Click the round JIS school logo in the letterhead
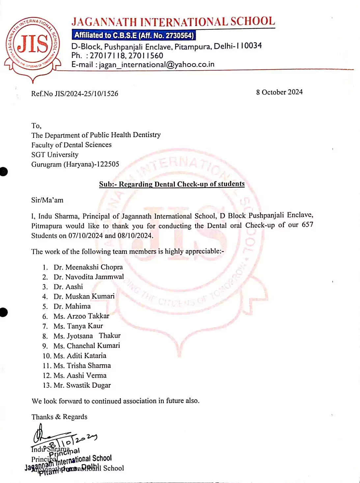click(x=32, y=45)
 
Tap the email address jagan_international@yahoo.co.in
click(x=156, y=65)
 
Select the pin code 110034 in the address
click(x=249, y=46)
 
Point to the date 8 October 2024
click(x=279, y=92)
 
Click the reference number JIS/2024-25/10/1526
click(x=86, y=94)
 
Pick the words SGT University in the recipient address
click(x=55, y=155)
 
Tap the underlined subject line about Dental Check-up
click(x=172, y=184)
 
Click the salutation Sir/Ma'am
click(x=47, y=200)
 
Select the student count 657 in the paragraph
click(x=307, y=225)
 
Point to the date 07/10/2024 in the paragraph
click(x=86, y=236)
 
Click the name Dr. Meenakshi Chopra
click(x=88, y=267)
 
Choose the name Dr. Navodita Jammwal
click(x=89, y=277)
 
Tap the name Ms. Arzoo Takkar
click(x=81, y=316)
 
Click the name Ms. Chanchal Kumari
click(x=87, y=346)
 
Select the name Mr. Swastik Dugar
click(x=82, y=385)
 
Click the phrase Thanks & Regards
click(x=59, y=417)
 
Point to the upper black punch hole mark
click(x=3, y=172)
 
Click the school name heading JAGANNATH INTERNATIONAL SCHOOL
click(x=173, y=22)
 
